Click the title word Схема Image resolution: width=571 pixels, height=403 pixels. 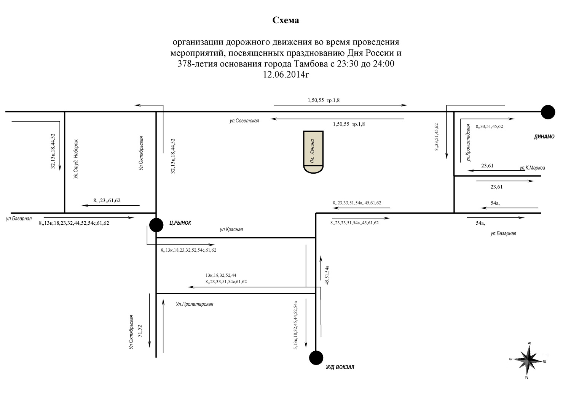285,20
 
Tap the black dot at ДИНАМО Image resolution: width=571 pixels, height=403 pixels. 548,112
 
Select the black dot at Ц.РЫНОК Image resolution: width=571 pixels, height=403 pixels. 156,225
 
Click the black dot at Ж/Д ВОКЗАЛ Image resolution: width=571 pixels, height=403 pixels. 316,358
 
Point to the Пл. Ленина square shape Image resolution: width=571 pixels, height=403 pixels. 313,152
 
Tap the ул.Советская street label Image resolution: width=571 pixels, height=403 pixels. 244,121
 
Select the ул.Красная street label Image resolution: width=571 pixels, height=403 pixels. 231,229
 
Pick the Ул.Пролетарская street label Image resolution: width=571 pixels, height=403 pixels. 195,304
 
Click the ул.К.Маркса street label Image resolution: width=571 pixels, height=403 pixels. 532,168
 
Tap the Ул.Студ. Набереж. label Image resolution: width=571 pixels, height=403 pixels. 76,159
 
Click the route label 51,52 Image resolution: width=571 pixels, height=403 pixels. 140,331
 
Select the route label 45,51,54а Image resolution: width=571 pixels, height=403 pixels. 327,275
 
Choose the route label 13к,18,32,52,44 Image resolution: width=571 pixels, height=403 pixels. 221,275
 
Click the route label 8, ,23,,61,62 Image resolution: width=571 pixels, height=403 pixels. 107,200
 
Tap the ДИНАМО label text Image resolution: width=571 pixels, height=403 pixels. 544,137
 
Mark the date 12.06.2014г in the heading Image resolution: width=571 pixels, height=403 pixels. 286,75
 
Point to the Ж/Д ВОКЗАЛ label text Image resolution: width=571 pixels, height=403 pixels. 340,367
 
